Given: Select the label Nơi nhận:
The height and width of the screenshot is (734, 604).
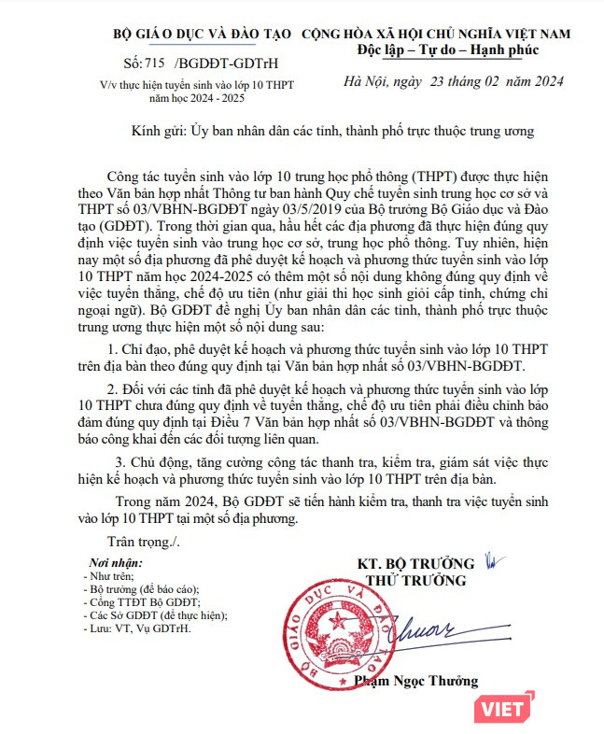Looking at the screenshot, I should click(x=116, y=563).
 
